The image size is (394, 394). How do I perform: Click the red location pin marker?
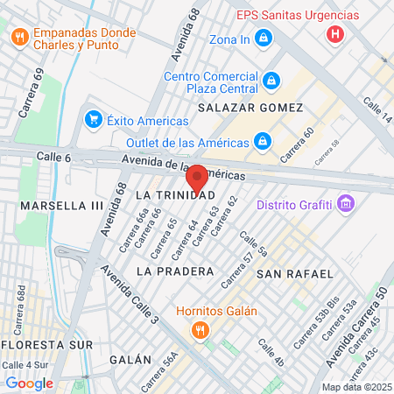point(197,179)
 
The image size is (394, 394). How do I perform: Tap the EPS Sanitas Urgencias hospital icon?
point(334,35)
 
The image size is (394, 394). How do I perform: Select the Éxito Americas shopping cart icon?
point(92,119)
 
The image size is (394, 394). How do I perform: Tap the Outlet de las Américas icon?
point(262,140)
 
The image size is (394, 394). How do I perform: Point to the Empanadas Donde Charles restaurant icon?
point(19,37)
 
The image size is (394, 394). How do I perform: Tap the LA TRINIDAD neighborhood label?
point(175,193)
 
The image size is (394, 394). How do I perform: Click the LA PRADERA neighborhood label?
point(175,271)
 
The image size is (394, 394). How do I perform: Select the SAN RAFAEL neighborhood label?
point(294,274)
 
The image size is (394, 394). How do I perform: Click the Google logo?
point(29,383)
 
